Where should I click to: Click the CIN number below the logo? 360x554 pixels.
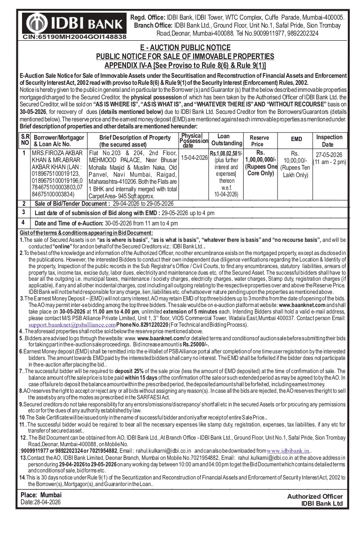click(75, 37)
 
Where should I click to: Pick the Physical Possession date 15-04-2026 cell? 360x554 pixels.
click(194, 158)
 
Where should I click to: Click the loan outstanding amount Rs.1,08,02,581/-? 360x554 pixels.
click(226, 153)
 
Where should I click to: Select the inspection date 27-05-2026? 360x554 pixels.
click(329, 155)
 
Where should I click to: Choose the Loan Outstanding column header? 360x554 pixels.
click(226, 140)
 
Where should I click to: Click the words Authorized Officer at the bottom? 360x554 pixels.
click(315, 497)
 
